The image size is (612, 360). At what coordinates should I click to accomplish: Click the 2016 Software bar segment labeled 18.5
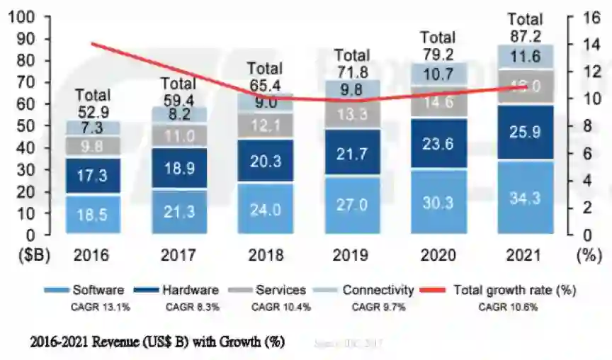pyautogui.click(x=93, y=214)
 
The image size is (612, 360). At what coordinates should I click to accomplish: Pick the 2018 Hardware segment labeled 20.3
pyautogui.click(x=266, y=160)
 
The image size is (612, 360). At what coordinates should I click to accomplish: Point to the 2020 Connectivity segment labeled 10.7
pyautogui.click(x=438, y=73)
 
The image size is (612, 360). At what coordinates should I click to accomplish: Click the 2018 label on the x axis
pyautogui.click(x=266, y=255)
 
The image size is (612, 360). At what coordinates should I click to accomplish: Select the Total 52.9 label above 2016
pyautogui.click(x=93, y=101)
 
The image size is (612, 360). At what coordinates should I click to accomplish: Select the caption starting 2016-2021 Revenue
pyautogui.click(x=157, y=342)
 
